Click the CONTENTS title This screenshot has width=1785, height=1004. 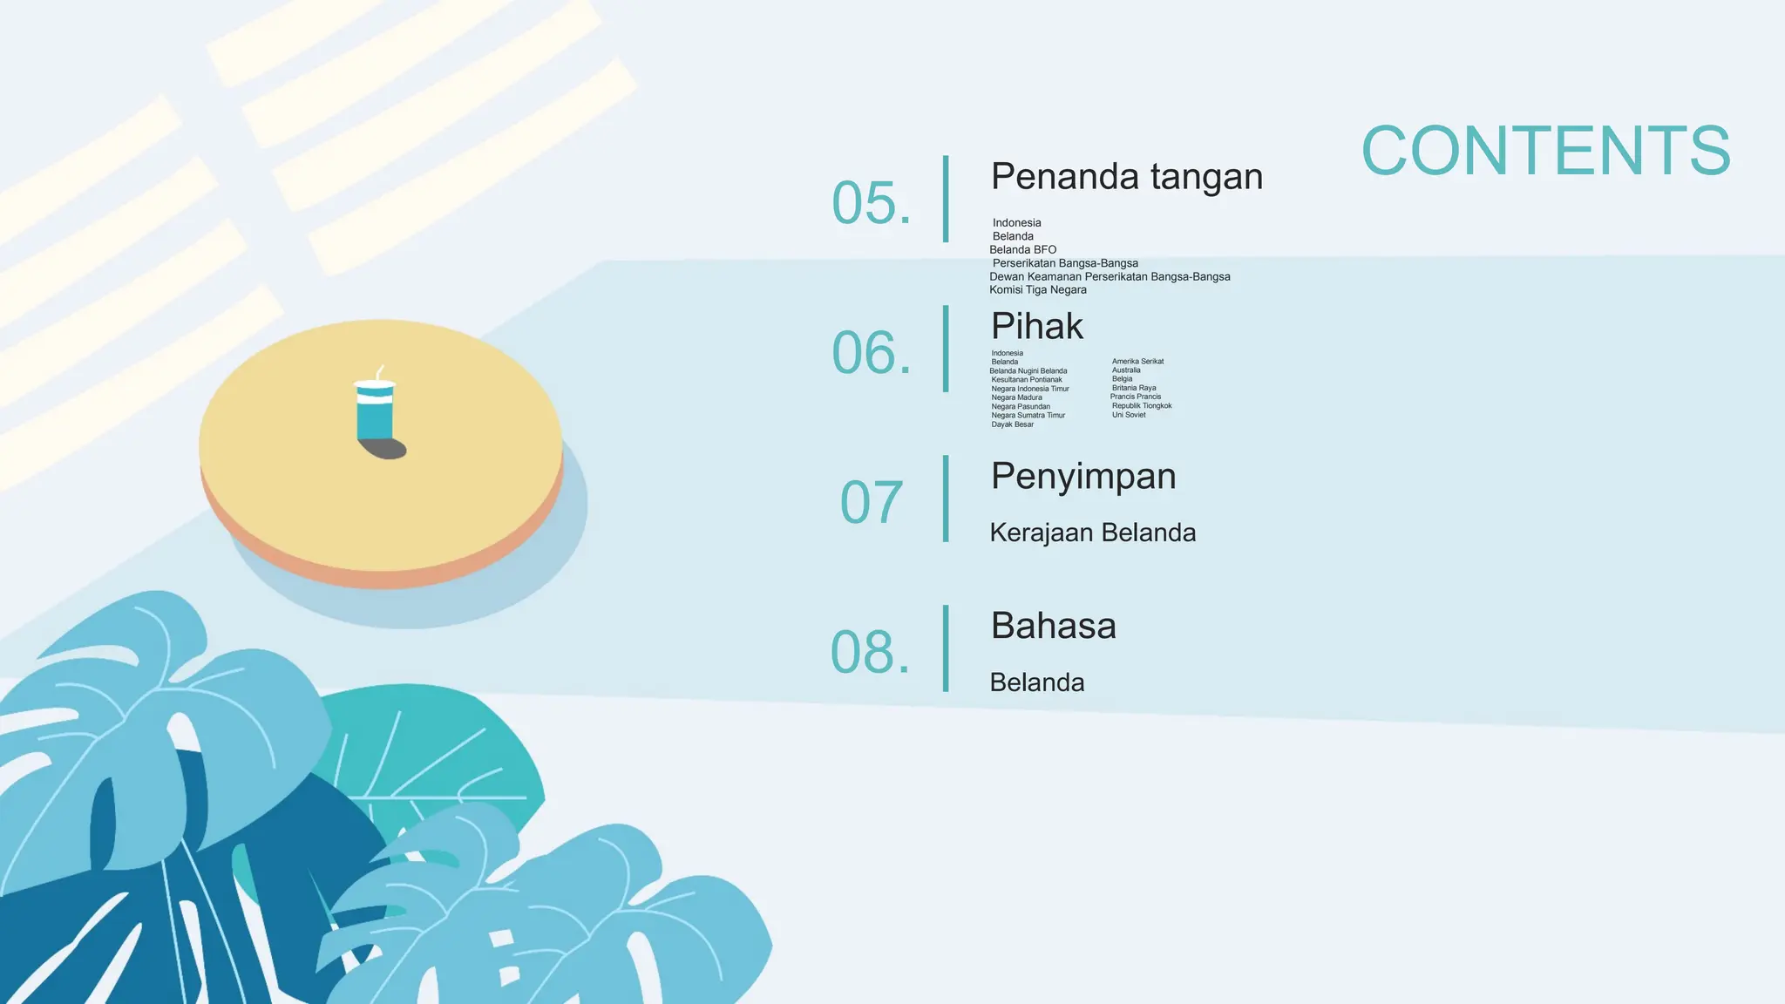click(1545, 151)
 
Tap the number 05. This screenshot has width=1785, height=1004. click(871, 203)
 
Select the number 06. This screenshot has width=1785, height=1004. click(871, 353)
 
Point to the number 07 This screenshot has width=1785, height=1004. click(871, 502)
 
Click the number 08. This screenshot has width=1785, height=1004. click(870, 652)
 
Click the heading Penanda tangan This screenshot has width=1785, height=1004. click(1126, 177)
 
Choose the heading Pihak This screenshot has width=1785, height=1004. click(1036, 327)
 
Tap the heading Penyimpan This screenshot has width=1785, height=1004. click(1083, 477)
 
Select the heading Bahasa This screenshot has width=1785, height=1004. click(1053, 626)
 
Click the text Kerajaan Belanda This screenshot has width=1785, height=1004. click(1092, 533)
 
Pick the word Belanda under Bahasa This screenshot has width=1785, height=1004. click(1036, 682)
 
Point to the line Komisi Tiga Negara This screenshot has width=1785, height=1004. click(1037, 290)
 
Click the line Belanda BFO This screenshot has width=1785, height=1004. click(1022, 250)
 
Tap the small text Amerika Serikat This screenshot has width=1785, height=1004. click(1137, 362)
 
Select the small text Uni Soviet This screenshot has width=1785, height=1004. click(1129, 415)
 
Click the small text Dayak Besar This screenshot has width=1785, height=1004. click(1012, 424)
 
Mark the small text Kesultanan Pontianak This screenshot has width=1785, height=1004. click(1026, 380)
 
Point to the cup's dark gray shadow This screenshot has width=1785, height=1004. click(386, 449)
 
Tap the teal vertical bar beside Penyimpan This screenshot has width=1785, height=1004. click(946, 499)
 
